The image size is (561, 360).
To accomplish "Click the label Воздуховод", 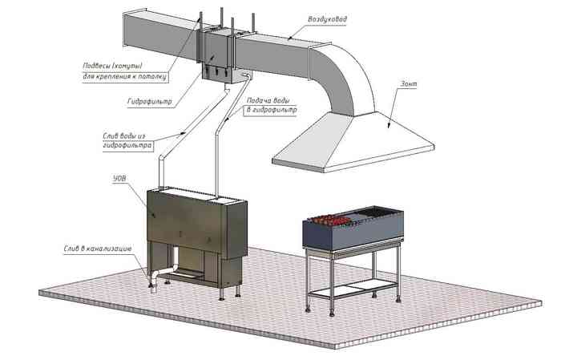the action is (x=327, y=19).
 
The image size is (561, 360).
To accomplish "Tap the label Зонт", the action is (x=409, y=84).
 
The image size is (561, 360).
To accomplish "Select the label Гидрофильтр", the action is (x=150, y=102).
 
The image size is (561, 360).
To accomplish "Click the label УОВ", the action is (x=119, y=178).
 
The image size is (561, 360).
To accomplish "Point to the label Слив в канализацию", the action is (x=98, y=249).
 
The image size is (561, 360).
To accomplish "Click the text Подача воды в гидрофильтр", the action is (x=271, y=106).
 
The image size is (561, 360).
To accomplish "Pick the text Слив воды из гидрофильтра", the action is (x=127, y=141).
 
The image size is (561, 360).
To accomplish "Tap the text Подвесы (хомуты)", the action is (x=113, y=66).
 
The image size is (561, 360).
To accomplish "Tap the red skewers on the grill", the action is (x=329, y=220).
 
